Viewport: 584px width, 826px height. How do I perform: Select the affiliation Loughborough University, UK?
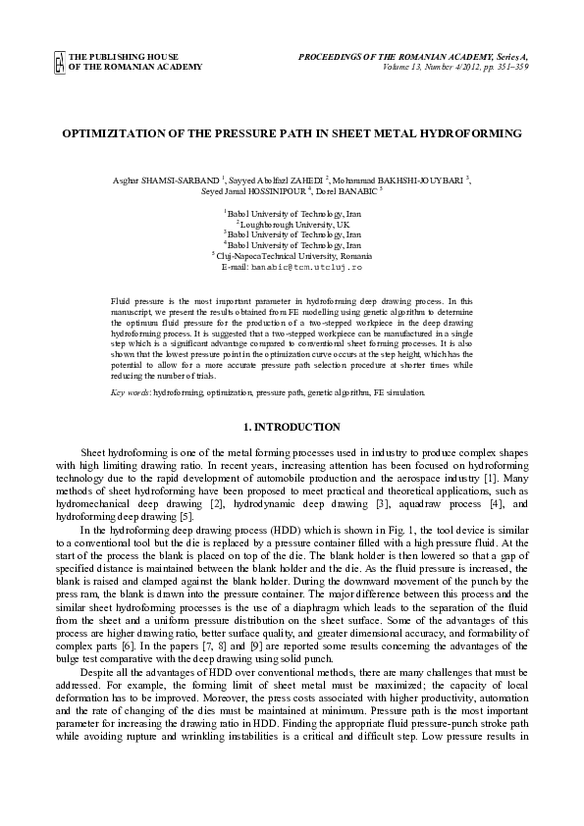(x=293, y=224)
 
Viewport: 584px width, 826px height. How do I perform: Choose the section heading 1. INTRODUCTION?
(x=291, y=427)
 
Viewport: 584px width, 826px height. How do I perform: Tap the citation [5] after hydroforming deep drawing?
(x=184, y=517)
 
